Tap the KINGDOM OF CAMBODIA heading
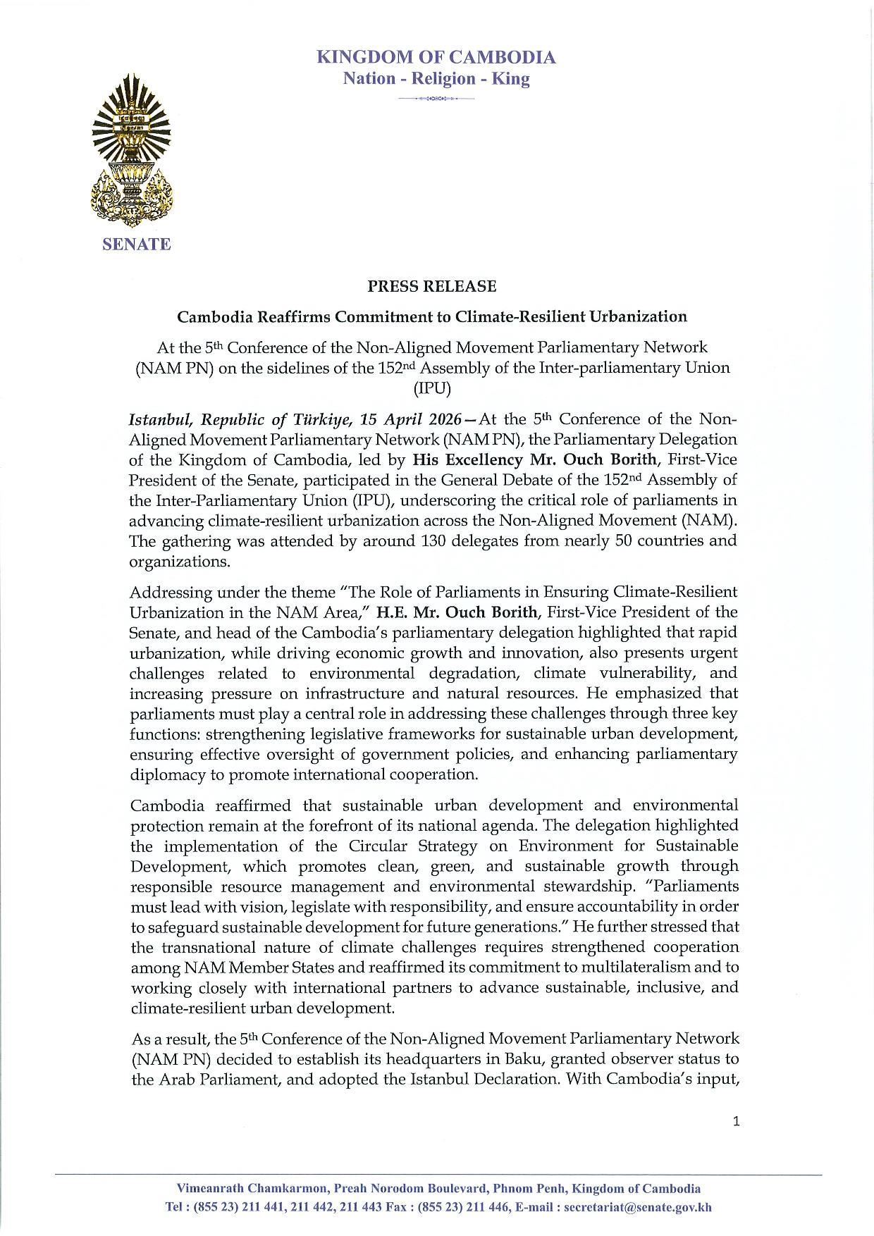coord(436,57)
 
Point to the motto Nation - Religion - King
coord(436,78)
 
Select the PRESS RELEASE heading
coord(431,287)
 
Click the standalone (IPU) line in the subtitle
coord(432,388)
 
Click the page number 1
coord(736,1121)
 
